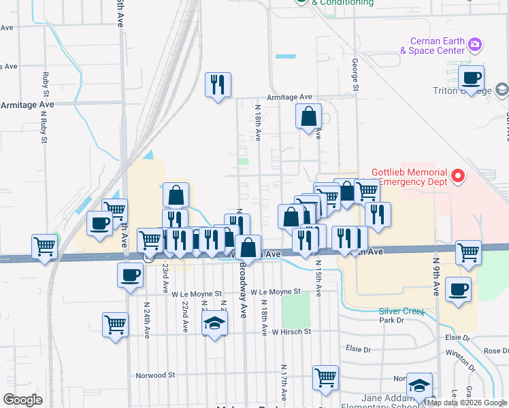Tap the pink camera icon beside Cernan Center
click(x=475, y=46)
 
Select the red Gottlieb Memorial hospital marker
click(x=457, y=177)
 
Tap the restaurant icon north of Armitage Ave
click(x=218, y=84)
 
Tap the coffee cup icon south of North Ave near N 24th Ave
click(x=130, y=275)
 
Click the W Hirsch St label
click(x=291, y=332)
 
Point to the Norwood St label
click(x=155, y=375)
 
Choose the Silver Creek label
click(x=401, y=312)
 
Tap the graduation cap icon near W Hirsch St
click(x=215, y=323)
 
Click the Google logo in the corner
click(x=23, y=399)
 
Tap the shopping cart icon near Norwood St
click(x=326, y=376)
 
